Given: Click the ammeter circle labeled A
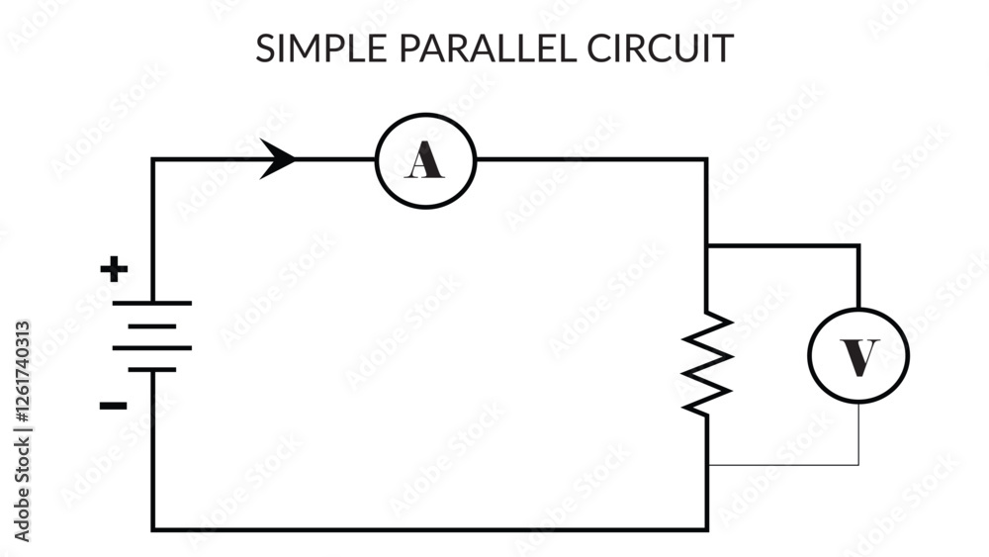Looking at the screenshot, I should (x=425, y=159).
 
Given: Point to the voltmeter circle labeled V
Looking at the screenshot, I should (x=857, y=355).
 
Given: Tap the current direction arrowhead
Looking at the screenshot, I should (x=279, y=159).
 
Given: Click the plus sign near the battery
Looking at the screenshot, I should (x=116, y=268).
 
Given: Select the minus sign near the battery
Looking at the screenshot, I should (x=114, y=404).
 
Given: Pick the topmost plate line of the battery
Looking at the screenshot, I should (x=152, y=303).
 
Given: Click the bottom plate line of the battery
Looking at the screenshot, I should (x=152, y=369).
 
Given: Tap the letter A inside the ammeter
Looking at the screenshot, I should (x=425, y=160).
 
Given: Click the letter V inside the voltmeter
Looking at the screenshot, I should (x=858, y=356).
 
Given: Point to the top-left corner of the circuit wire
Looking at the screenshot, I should (x=153, y=159).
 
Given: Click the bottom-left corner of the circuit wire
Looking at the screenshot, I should (x=153, y=529).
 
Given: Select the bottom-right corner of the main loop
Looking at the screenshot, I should (x=706, y=529).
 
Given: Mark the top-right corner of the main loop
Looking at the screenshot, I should (x=706, y=159).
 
